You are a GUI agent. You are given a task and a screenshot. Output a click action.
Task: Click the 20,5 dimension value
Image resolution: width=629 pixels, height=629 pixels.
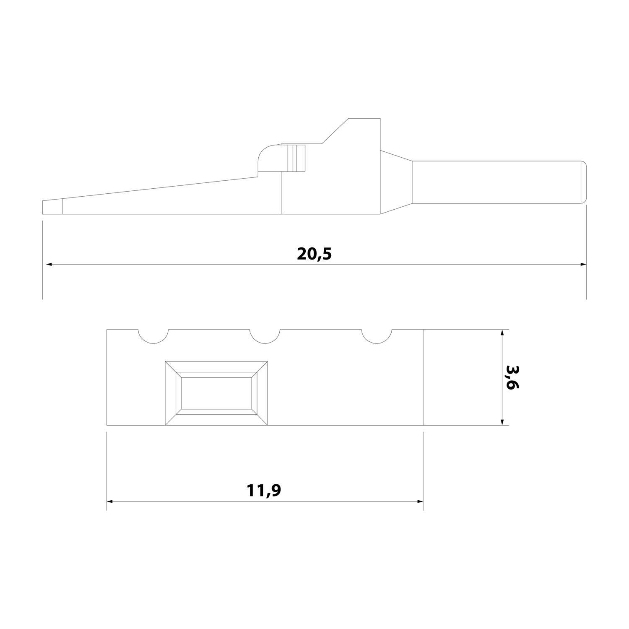point(314,254)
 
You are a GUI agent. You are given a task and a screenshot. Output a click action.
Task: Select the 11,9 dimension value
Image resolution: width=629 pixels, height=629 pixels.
point(264,490)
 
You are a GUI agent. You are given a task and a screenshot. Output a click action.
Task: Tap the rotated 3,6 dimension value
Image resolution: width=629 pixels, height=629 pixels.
point(512,377)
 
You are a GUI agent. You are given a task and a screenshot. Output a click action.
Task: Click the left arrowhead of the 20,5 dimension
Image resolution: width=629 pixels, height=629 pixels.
point(49,265)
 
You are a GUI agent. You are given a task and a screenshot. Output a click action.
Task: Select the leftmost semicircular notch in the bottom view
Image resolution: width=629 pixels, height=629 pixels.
point(153,336)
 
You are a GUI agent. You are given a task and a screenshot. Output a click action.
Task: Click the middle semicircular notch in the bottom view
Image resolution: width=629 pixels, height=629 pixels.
point(265,336)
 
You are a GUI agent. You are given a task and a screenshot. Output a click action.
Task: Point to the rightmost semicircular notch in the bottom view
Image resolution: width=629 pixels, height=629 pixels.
point(377,336)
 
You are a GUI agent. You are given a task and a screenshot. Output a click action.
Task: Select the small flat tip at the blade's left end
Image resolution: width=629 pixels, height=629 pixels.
point(52,207)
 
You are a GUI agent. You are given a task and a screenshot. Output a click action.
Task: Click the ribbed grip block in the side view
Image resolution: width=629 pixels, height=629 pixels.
point(296,158)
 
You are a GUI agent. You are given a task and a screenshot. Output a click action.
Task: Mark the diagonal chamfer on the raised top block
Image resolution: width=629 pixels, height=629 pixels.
point(335,131)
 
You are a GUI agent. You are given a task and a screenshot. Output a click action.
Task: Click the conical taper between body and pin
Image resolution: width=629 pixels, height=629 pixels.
point(396,182)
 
